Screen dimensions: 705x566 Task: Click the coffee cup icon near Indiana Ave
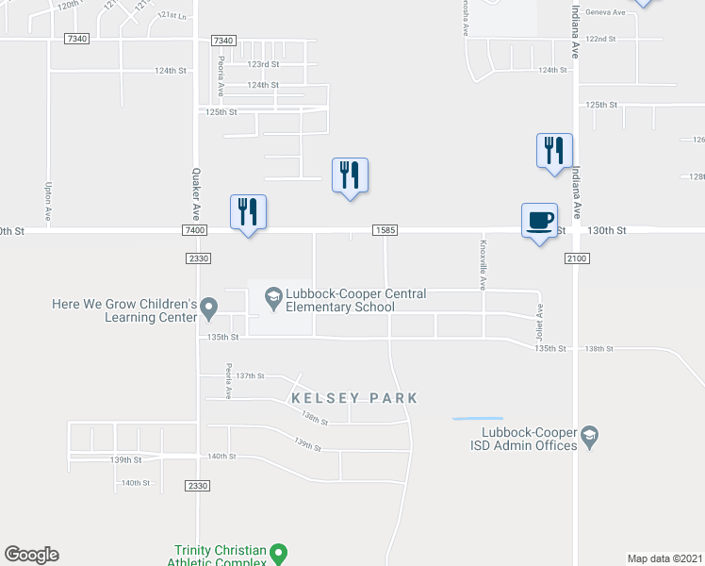click(x=539, y=221)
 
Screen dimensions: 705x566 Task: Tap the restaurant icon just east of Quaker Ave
click(x=249, y=212)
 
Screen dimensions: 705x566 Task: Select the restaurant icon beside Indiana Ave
click(x=554, y=151)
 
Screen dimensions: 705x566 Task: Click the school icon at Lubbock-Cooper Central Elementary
click(x=273, y=298)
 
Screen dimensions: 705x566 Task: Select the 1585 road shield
click(x=385, y=230)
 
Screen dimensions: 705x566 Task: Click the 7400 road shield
click(x=195, y=230)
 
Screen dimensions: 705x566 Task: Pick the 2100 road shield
click(x=577, y=258)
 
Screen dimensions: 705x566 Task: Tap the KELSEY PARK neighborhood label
click(x=353, y=398)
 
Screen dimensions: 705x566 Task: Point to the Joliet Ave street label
click(x=541, y=322)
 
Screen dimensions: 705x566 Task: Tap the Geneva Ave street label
click(x=606, y=12)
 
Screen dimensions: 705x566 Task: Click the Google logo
click(x=31, y=555)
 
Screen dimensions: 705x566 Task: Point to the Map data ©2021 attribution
click(x=664, y=558)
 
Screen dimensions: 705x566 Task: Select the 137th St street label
click(x=251, y=375)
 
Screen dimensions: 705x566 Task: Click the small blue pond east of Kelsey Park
click(x=478, y=418)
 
